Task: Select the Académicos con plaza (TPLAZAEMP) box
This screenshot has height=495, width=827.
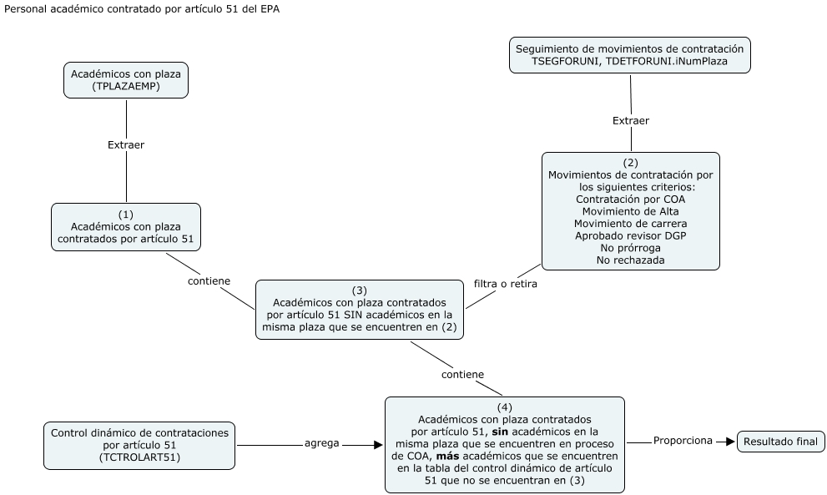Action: [126, 79]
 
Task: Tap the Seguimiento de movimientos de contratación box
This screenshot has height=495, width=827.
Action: [630, 55]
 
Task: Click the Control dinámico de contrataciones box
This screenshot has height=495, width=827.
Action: [139, 445]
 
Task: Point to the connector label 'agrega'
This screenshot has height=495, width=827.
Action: [321, 443]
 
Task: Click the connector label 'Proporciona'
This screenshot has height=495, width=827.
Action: [683, 441]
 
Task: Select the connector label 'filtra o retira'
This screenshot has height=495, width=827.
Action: [505, 284]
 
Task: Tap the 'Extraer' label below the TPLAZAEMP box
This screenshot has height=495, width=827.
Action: [126, 144]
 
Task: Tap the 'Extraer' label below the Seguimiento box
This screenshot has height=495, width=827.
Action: [631, 121]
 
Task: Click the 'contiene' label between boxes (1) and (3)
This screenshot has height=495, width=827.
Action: [208, 280]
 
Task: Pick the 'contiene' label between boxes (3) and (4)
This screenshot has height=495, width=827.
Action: [462, 375]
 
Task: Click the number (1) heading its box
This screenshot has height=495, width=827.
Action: [126, 215]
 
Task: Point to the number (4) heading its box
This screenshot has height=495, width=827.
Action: [504, 407]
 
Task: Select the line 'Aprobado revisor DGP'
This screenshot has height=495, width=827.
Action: [630, 235]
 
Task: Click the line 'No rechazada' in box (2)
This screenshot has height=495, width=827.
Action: [630, 260]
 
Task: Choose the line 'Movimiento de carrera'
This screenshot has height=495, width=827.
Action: [630, 223]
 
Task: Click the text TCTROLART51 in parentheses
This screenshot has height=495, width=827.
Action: [139, 457]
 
